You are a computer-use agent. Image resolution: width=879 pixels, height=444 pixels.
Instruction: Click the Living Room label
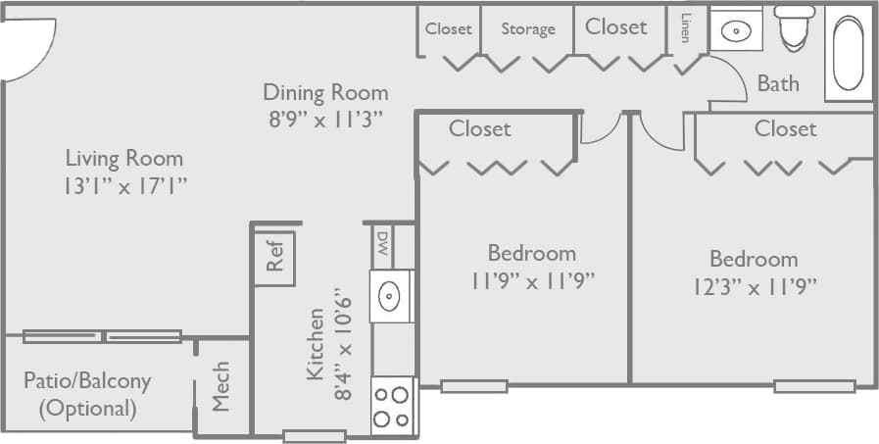[x=123, y=157]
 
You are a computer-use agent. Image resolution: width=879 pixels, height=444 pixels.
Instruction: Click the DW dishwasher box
[x=382, y=246]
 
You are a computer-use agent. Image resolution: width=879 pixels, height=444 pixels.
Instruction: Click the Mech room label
[x=221, y=386]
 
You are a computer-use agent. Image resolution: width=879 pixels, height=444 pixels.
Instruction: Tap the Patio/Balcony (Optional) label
[x=87, y=393]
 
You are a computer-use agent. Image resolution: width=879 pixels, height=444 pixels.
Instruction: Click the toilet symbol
[x=794, y=28]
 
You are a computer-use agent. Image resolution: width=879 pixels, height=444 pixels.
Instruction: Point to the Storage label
[x=528, y=29]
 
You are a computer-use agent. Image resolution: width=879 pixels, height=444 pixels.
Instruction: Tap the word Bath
[x=777, y=83]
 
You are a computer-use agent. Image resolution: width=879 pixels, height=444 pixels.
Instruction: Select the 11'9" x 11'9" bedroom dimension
[x=532, y=281]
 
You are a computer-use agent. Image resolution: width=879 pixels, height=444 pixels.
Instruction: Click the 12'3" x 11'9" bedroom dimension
[x=754, y=286]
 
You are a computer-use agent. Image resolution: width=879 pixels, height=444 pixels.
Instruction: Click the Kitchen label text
[x=317, y=344]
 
